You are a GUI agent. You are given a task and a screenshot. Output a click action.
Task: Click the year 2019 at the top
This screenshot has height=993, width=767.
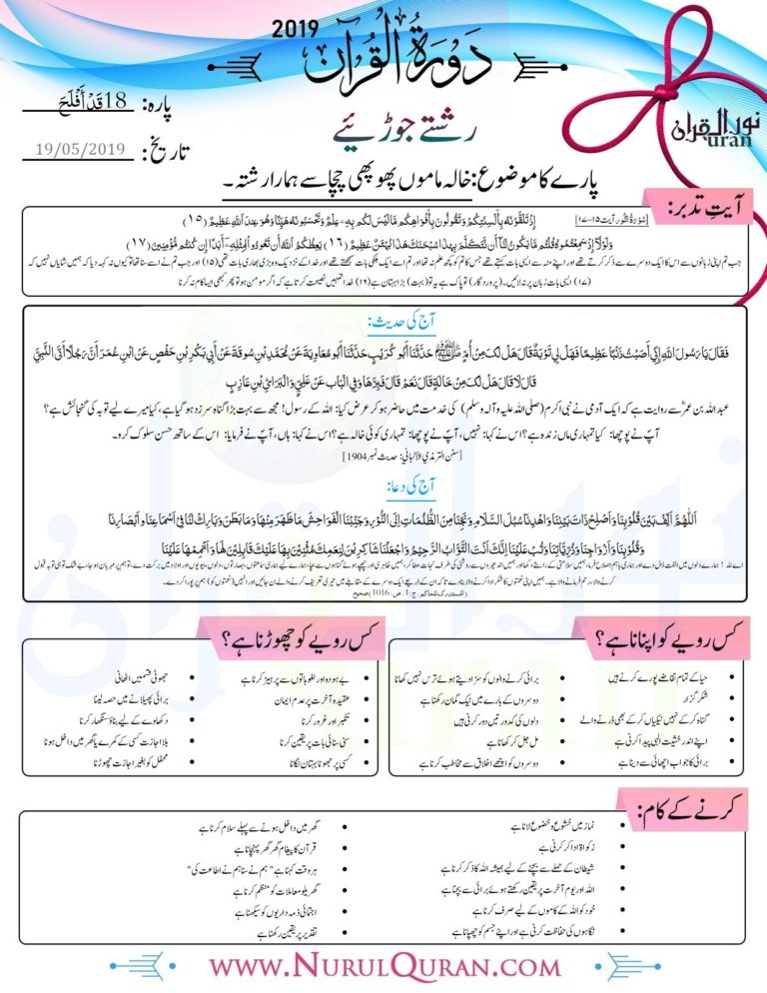298,31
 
